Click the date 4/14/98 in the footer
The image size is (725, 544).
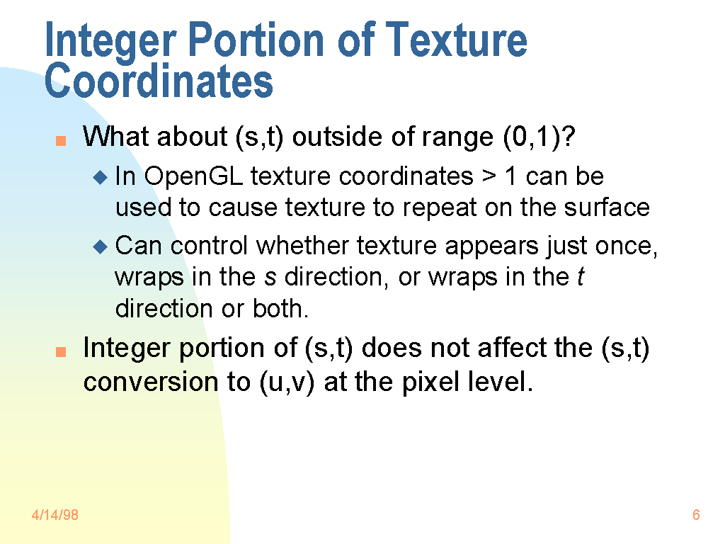[55, 514]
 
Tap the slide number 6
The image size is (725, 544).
[696, 514]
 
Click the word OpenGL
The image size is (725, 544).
[193, 177]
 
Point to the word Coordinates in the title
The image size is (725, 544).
[159, 81]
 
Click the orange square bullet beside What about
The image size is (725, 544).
[61, 141]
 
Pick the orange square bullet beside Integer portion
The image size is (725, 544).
[61, 352]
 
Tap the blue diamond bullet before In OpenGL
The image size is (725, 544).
[100, 177]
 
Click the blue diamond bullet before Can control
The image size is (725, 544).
[100, 246]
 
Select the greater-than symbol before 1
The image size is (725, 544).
[489, 176]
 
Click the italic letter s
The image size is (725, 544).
[270, 278]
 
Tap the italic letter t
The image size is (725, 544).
[581, 277]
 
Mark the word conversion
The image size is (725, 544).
[151, 382]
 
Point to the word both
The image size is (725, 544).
[280, 308]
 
